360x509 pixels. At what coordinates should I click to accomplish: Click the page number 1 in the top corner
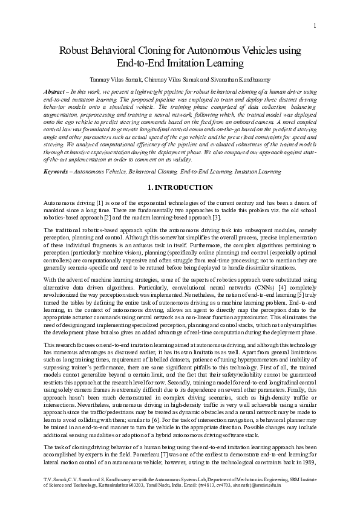(x=316, y=25)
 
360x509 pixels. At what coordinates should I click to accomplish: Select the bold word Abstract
(x=56, y=90)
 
